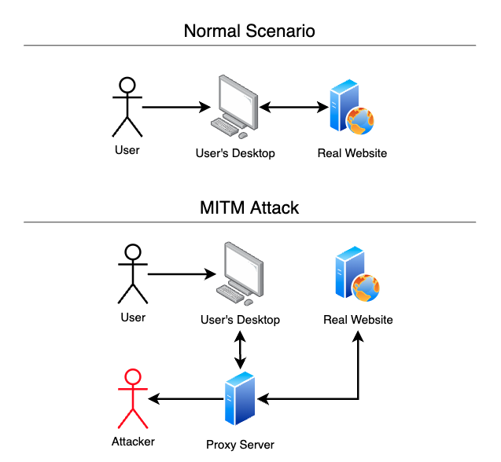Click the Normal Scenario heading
coord(249,31)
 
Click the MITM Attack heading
coord(249,208)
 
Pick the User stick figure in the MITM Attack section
coord(132,274)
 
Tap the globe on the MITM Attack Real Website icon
coord(366,288)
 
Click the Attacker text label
coord(132,442)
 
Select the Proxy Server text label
coord(240,445)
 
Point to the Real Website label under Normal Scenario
coord(352,153)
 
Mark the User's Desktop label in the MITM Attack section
coord(240,320)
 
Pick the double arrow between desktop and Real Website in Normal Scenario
coord(295,106)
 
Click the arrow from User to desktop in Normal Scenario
coord(175,106)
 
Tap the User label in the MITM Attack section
coord(133,317)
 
